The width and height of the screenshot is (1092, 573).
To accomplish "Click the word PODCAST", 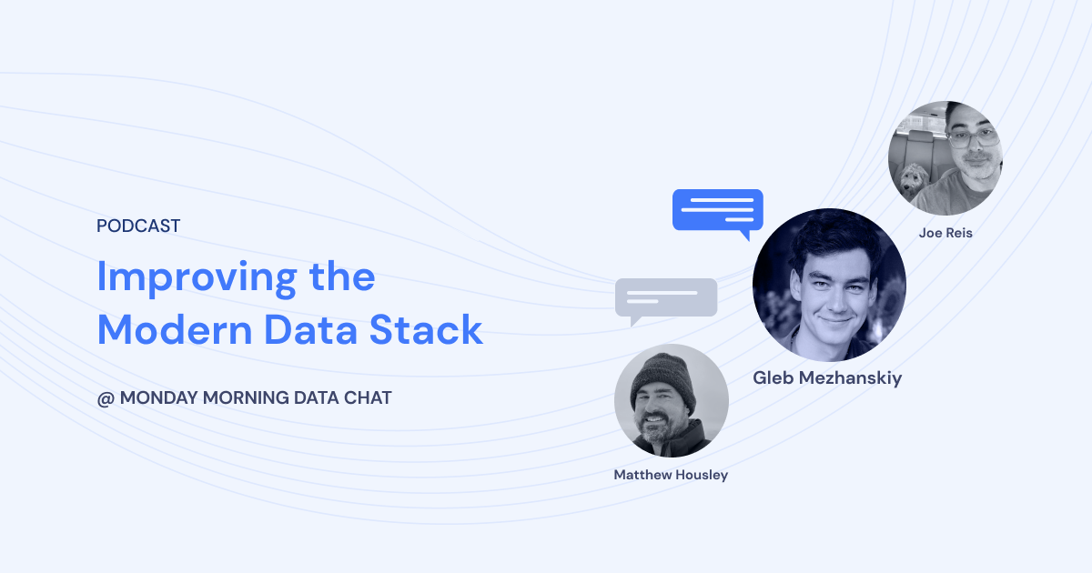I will (x=138, y=226).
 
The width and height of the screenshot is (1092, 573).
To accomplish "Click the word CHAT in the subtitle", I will (x=368, y=398).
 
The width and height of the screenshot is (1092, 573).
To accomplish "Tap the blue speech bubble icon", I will (x=717, y=211).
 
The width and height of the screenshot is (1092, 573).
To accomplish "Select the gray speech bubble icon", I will (x=665, y=299).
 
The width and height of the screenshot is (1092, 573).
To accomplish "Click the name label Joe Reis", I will (x=945, y=233).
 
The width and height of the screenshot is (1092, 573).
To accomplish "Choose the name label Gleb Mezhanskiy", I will (x=827, y=378).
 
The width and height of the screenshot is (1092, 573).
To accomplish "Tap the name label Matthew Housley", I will (x=671, y=475).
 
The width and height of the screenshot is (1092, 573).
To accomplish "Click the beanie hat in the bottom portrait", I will (x=663, y=375).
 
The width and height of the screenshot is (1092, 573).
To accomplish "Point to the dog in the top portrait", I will (x=914, y=181).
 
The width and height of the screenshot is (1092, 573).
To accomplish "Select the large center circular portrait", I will (x=829, y=285).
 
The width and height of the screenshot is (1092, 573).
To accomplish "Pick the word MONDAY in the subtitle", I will (x=158, y=398).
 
